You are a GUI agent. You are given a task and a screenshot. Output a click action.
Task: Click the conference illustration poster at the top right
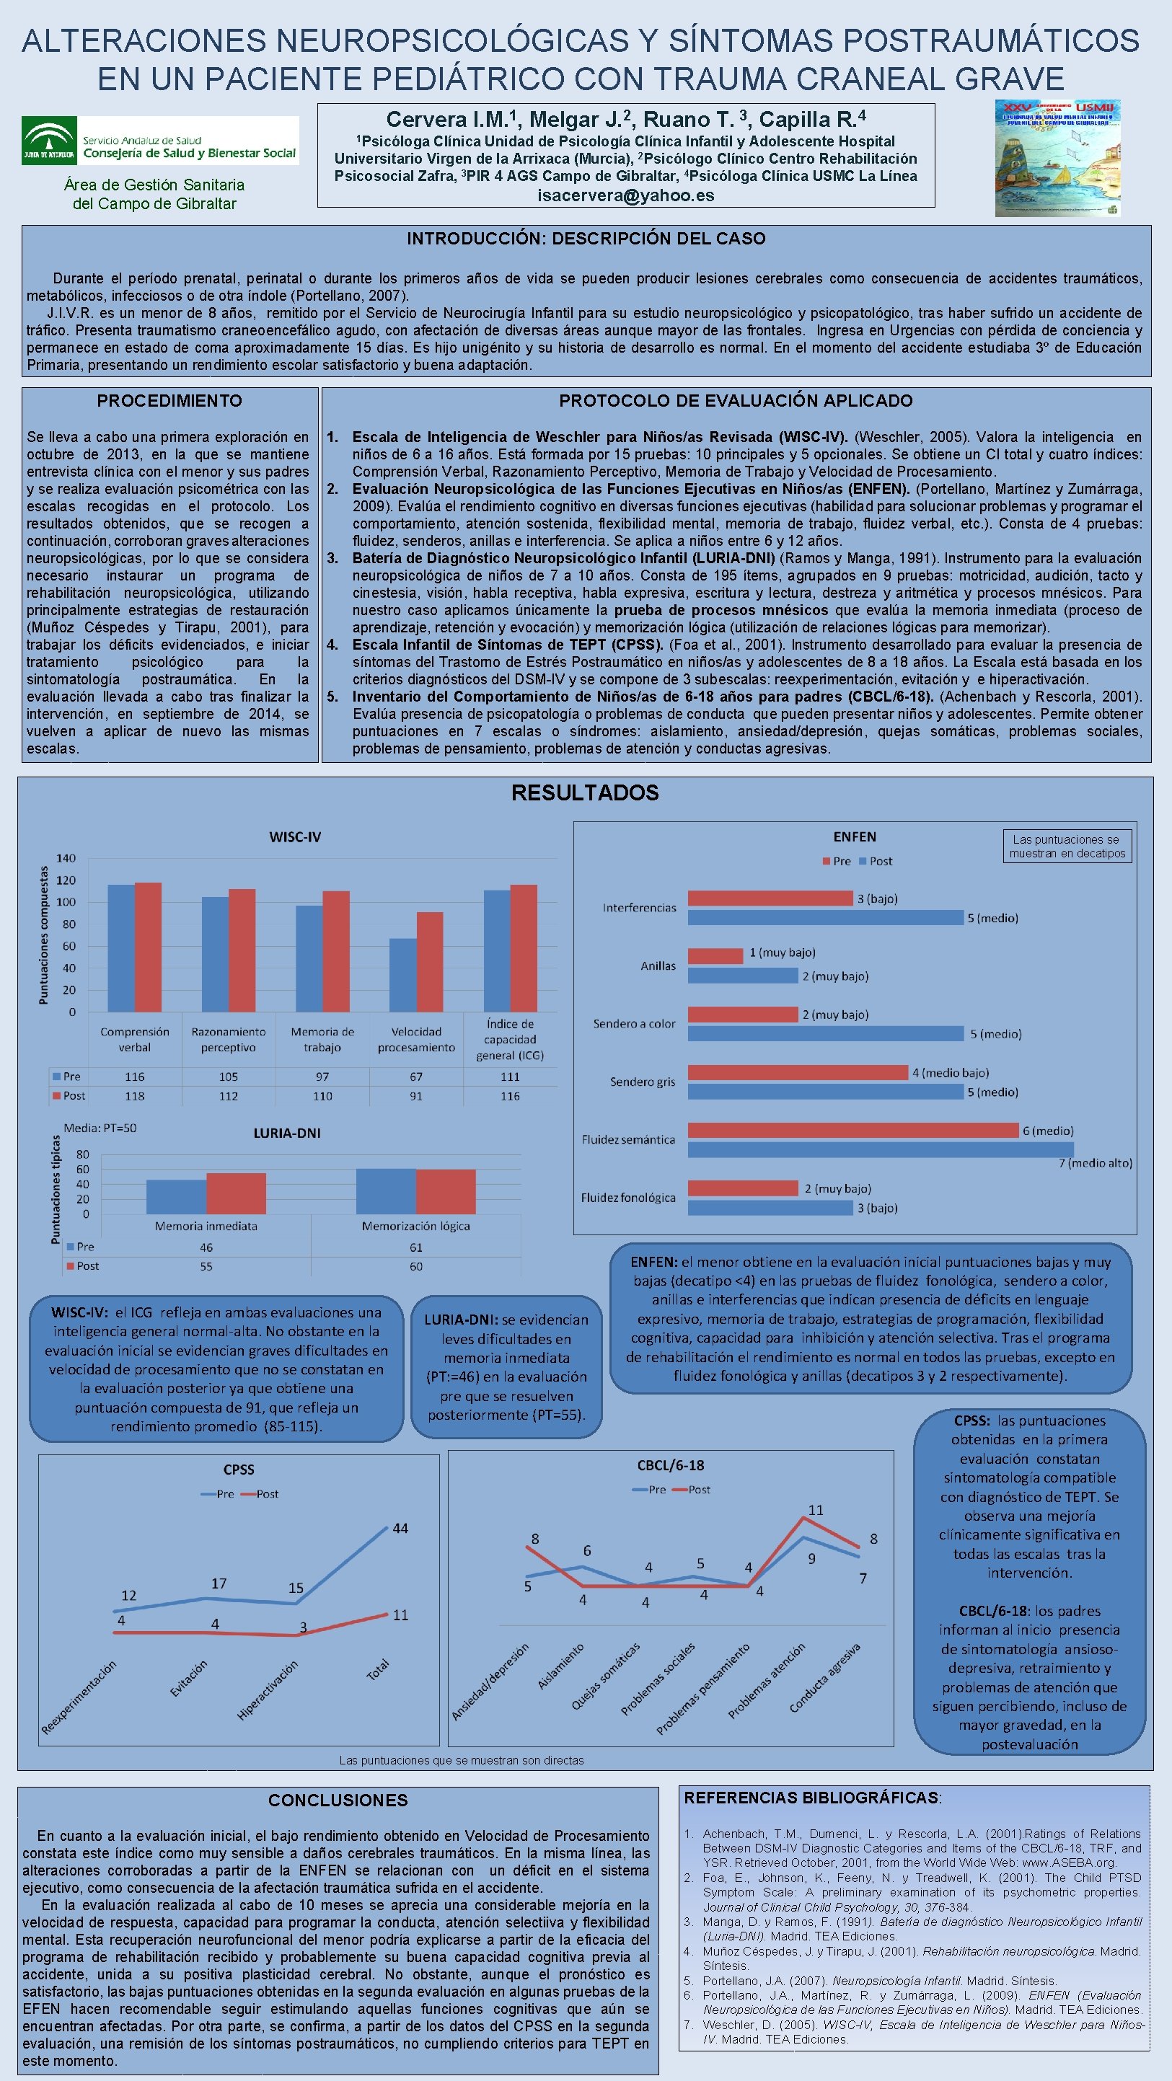[x=1057, y=159]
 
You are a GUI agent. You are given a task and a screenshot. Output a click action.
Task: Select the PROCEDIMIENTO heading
[x=169, y=401]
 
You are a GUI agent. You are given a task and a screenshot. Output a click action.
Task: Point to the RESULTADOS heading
[x=584, y=792]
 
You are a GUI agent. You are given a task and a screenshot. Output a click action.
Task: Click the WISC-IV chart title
[x=294, y=837]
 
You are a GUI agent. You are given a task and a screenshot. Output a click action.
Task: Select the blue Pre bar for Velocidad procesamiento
[x=402, y=974]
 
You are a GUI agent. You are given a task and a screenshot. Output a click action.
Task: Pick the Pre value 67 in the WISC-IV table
[x=415, y=1077]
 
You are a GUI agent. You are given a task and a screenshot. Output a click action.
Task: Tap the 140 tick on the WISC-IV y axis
[x=66, y=858]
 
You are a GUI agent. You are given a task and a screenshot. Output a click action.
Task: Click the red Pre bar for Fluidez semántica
[x=852, y=1130]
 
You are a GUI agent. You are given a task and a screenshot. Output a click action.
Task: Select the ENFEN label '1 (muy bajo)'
[x=782, y=953]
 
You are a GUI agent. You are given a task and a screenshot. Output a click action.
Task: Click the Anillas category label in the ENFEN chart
[x=658, y=966]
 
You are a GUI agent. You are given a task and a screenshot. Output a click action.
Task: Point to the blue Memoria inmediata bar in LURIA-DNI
[x=176, y=1196]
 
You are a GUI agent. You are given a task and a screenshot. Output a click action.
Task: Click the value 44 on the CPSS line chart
[x=400, y=1529]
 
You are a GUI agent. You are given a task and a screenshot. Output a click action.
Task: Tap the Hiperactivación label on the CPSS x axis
[x=268, y=1690]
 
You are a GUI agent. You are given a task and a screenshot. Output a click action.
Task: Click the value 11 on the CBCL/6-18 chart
[x=816, y=1510]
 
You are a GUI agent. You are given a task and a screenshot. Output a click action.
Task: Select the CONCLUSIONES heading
[x=338, y=1800]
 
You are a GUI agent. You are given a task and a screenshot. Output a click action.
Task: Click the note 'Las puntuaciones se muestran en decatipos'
[x=1067, y=846]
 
